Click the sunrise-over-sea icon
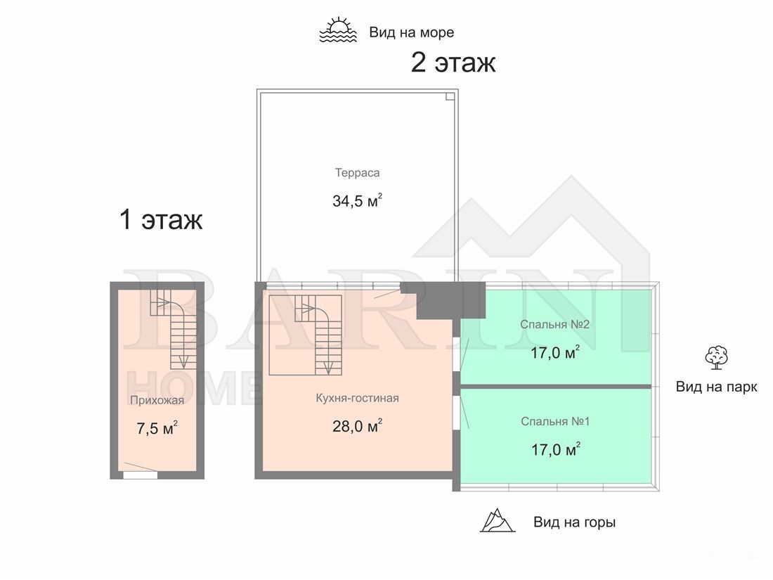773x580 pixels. click(x=338, y=30)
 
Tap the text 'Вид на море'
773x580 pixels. click(x=412, y=32)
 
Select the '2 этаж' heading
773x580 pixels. click(x=453, y=63)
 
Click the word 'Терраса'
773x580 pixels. click(x=358, y=173)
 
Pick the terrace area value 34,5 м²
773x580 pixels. click(x=358, y=201)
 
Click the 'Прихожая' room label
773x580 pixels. click(x=157, y=400)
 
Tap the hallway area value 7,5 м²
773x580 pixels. click(x=157, y=428)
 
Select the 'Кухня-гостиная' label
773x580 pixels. click(x=358, y=398)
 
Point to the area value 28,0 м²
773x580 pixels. click(x=358, y=425)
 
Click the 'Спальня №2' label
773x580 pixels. click(x=554, y=325)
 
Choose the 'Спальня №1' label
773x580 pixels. click(x=555, y=422)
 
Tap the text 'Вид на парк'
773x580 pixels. click(x=716, y=387)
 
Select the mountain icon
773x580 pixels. click(x=498, y=520)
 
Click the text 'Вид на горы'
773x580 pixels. click(x=574, y=522)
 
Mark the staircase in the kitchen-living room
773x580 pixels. click(x=305, y=335)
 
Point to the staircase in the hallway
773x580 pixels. click(x=174, y=328)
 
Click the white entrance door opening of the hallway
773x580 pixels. click(x=140, y=475)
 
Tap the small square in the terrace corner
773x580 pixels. click(x=450, y=97)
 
